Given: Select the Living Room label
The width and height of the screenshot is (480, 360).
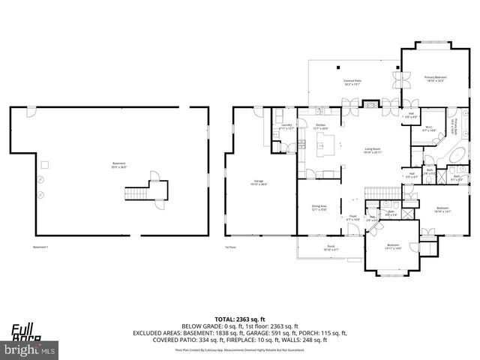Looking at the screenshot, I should (373, 151).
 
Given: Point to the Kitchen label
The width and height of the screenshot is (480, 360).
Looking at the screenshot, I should (320, 127).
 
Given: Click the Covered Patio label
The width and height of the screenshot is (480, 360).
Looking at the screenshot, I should (352, 82).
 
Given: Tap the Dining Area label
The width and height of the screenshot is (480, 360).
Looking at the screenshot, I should (319, 208).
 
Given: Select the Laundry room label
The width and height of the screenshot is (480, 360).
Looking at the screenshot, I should (286, 127).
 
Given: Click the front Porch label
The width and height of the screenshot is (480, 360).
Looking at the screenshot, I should (331, 249).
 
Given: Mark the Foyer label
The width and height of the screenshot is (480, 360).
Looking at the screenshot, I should (352, 218).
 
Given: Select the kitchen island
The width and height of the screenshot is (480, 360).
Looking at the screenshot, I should (325, 150).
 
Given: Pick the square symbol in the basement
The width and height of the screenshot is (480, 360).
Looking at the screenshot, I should (44, 164).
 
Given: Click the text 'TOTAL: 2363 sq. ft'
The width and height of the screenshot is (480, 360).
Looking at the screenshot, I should (239, 318).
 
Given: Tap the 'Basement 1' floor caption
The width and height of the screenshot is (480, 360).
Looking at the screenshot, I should (40, 247).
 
